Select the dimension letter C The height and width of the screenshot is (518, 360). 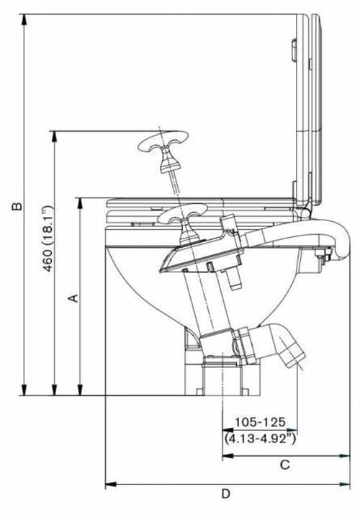[x=284, y=465]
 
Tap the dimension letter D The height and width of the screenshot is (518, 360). [x=226, y=494]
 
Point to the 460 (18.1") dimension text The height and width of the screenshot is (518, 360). [x=48, y=238]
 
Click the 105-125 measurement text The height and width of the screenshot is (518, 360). [x=260, y=422]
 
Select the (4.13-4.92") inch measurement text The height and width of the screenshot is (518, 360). [x=260, y=439]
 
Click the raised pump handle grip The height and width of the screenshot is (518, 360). [x=163, y=142]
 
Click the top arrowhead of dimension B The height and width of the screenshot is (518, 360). [x=24, y=20]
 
